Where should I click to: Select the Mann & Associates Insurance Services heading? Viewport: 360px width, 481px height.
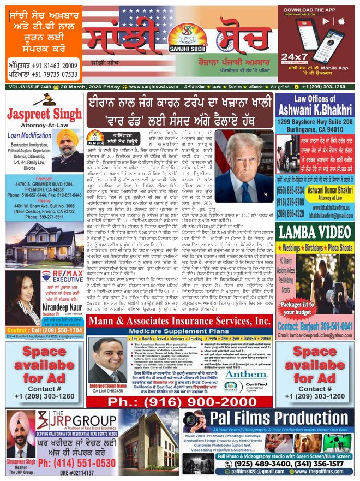pos(179,322)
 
